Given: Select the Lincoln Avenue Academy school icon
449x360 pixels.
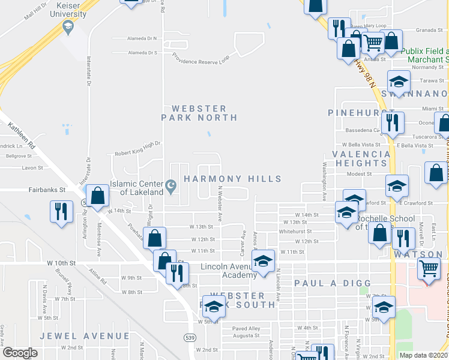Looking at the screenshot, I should pos(263,262).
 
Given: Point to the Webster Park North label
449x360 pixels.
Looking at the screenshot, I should pos(199,113).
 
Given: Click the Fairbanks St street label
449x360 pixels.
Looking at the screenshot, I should pos(46,190).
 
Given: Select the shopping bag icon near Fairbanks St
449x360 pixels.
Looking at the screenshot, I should pos(97,195).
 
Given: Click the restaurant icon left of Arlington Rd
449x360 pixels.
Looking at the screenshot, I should pos(61,212).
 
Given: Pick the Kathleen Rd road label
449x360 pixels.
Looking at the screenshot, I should pos(22,134).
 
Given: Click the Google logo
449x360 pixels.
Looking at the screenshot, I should pos(20,353).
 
